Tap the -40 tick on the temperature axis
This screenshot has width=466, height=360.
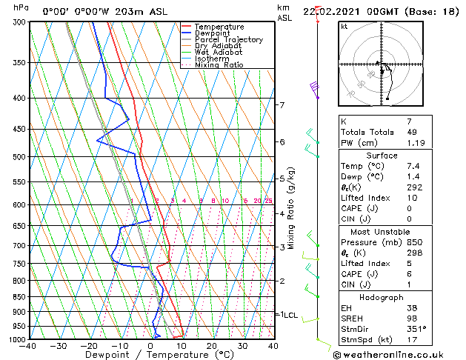[x=29, y=345]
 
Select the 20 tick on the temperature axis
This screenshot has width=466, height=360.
[x=212, y=345]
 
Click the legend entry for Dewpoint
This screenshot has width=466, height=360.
[x=213, y=33]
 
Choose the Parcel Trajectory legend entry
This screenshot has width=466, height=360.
[x=228, y=40]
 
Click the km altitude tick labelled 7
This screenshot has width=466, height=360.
[x=282, y=105]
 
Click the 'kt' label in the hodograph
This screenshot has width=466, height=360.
[x=344, y=27]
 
